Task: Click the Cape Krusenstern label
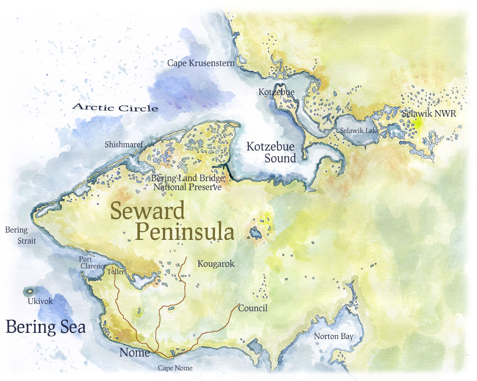pos(201,63)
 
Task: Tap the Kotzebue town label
pos(276,93)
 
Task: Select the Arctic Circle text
pos(115,108)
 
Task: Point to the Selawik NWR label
pos(428,115)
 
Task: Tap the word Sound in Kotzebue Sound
pos(280,158)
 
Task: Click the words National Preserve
pos(187,187)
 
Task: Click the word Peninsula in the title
pos(185,232)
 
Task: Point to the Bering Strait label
pos(20,235)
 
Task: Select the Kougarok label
pos(216,264)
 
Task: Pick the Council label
pos(252,308)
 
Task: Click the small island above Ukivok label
pos(29,291)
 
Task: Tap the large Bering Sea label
pos(46,327)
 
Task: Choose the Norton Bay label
pos(333,337)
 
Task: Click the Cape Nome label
pos(175,368)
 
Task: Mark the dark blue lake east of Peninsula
pos(255,233)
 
